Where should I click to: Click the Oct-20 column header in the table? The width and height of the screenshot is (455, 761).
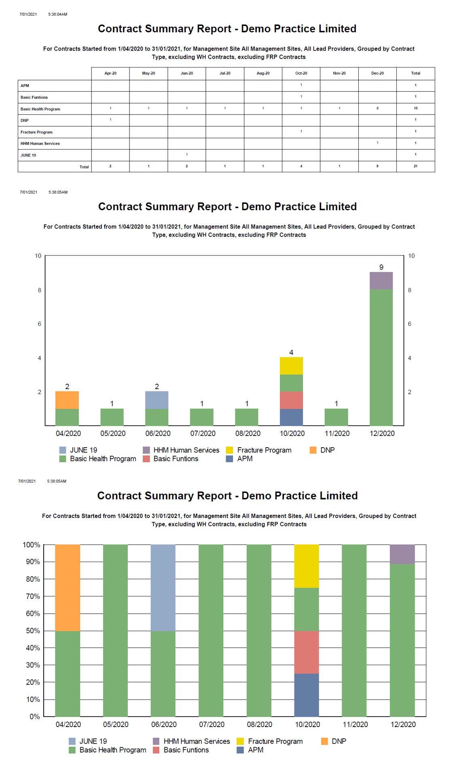[301, 73]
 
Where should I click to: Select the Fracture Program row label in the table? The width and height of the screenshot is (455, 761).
[36, 132]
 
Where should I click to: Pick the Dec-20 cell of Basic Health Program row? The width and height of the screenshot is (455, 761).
[377, 108]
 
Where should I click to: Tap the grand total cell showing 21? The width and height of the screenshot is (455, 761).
[415, 166]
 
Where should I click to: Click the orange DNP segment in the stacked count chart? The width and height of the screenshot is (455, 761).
[67, 400]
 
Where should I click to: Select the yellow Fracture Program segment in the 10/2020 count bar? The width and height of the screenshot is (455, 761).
[291, 366]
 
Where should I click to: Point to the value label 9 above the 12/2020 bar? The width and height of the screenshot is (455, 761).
[381, 267]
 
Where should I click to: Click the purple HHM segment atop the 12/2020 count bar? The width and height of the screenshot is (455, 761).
[381, 281]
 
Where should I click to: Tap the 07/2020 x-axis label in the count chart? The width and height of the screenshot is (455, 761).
[203, 433]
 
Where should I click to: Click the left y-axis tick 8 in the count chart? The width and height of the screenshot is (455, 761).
[39, 290]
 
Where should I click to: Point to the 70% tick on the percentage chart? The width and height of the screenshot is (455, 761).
[33, 596]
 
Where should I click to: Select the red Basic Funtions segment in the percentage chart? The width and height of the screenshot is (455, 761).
[307, 652]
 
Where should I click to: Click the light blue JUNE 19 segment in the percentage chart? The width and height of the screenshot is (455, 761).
[163, 588]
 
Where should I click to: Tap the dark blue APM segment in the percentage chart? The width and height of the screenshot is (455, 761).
[307, 695]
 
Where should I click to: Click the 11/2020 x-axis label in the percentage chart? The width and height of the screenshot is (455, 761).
[355, 724]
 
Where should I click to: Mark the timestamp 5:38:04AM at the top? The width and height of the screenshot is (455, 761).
[57, 15]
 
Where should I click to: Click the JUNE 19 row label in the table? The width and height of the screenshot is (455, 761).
[28, 155]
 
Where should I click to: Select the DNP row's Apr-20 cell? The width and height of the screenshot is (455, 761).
[110, 120]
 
